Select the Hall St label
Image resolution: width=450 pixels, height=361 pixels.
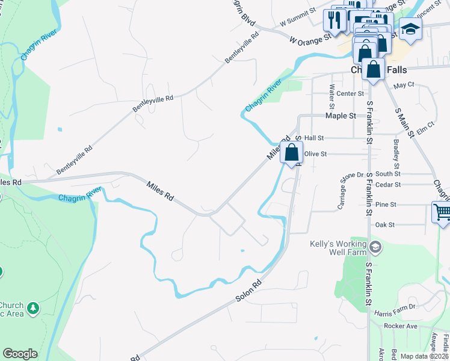[314, 138]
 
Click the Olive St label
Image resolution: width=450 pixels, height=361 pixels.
[315, 154]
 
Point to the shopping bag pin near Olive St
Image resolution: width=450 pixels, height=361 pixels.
[292, 153]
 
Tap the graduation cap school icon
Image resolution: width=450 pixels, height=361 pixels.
[411, 28]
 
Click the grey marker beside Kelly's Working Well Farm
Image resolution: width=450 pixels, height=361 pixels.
[375, 247]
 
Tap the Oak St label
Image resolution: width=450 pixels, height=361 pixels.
[384, 225]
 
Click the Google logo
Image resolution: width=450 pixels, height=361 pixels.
[20, 354]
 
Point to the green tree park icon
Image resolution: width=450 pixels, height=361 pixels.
[34, 309]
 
